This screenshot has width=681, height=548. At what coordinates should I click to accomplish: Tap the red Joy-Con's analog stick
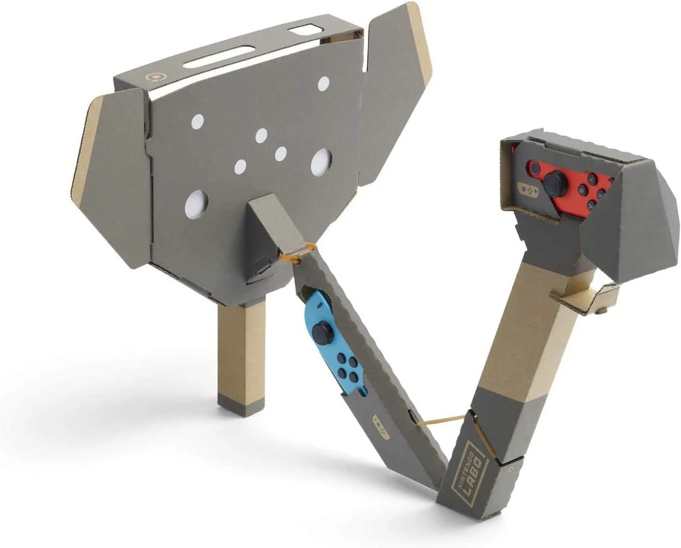(554, 182)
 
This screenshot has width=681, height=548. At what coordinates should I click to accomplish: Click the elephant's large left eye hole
(196, 203)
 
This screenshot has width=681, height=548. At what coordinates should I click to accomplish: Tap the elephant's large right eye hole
(321, 162)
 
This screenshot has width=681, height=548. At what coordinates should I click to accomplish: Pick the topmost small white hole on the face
(323, 84)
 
